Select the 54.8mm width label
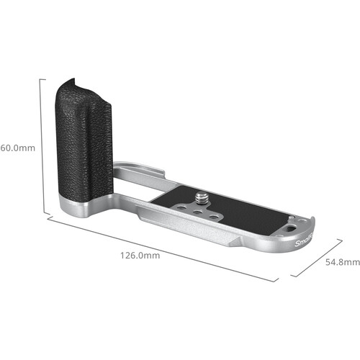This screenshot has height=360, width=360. (341, 263)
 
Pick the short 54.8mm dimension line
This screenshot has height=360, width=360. (317, 258)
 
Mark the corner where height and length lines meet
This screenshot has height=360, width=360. (47, 215)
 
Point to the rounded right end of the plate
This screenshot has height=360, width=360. (314, 227)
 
